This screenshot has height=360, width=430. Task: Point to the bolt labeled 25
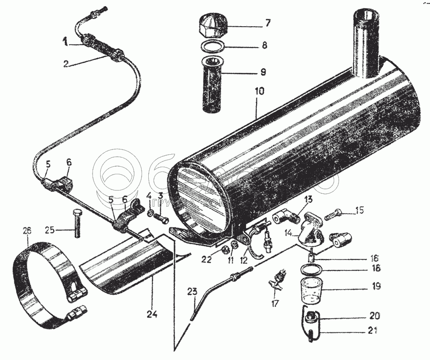[x=76, y=222]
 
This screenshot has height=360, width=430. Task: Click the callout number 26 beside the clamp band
[x=26, y=231]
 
